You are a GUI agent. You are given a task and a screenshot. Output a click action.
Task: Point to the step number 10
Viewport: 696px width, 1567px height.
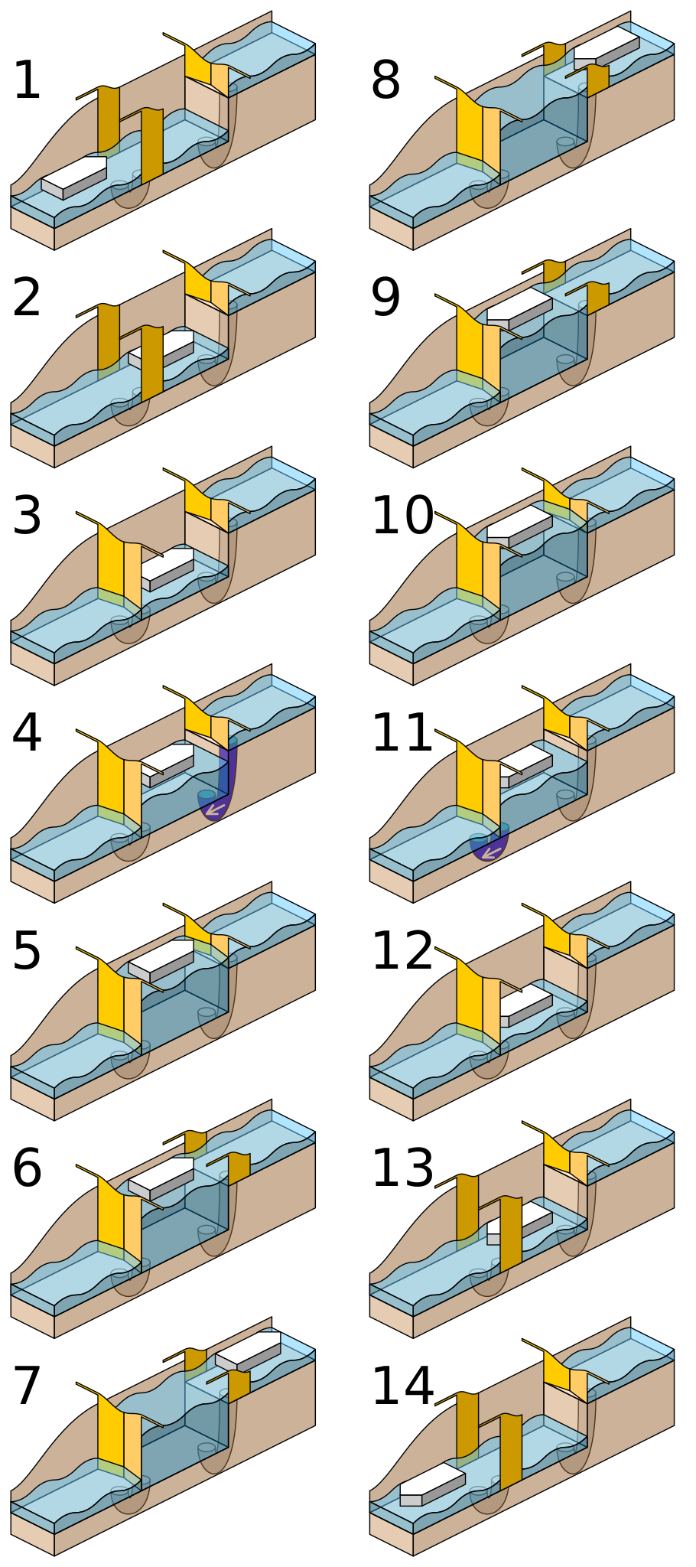(402, 516)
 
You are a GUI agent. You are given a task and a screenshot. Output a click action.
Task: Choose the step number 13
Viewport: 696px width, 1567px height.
(402, 1169)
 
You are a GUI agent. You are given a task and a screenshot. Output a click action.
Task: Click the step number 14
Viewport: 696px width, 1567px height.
(402, 1386)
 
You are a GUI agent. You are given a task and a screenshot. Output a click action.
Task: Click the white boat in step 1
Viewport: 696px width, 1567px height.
(74, 177)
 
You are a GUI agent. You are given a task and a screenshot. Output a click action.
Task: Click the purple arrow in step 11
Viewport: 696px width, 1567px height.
(486, 851)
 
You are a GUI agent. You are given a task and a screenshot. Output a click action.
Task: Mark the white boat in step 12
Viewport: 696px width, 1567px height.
(526, 1005)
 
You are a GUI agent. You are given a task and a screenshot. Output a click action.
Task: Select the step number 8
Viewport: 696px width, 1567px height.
(385, 81)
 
